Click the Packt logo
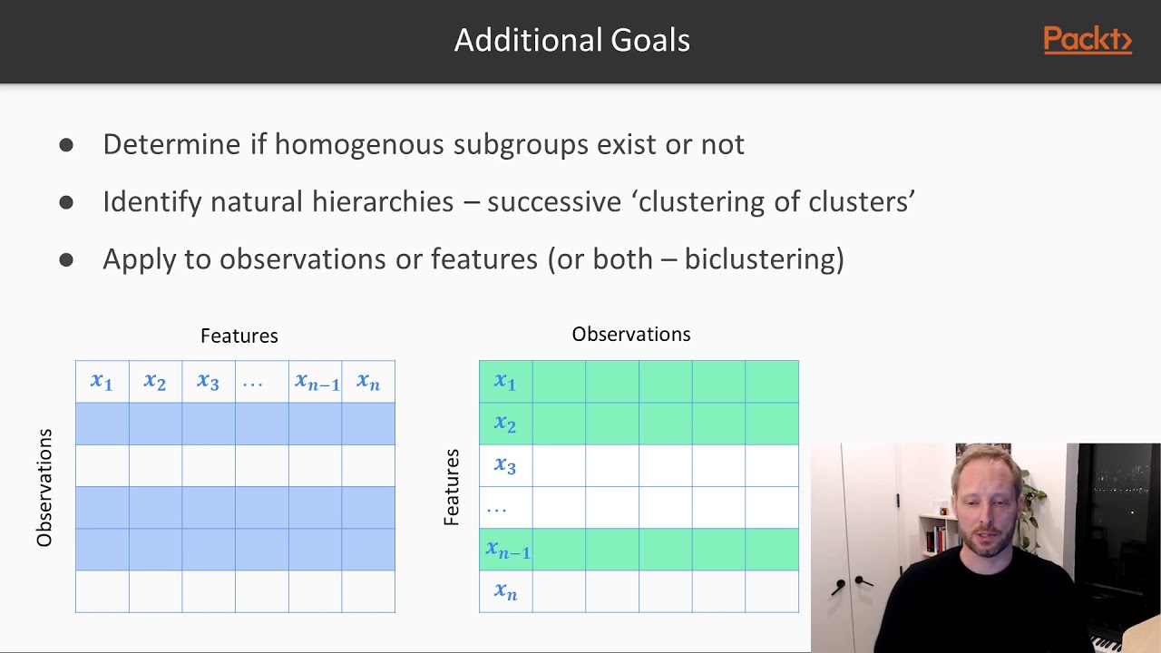point(1087,41)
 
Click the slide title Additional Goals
point(571,40)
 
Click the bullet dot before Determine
point(66,144)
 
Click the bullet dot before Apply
point(66,259)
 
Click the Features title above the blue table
point(239,336)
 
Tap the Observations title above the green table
point(631,335)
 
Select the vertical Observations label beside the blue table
point(44,488)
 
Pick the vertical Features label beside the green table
point(451,487)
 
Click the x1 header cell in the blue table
point(102,382)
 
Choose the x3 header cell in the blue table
point(208,382)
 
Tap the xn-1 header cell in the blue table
point(316,382)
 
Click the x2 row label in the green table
point(505,424)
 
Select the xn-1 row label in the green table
point(507,550)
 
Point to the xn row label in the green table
point(505,591)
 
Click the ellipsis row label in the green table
point(497,509)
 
